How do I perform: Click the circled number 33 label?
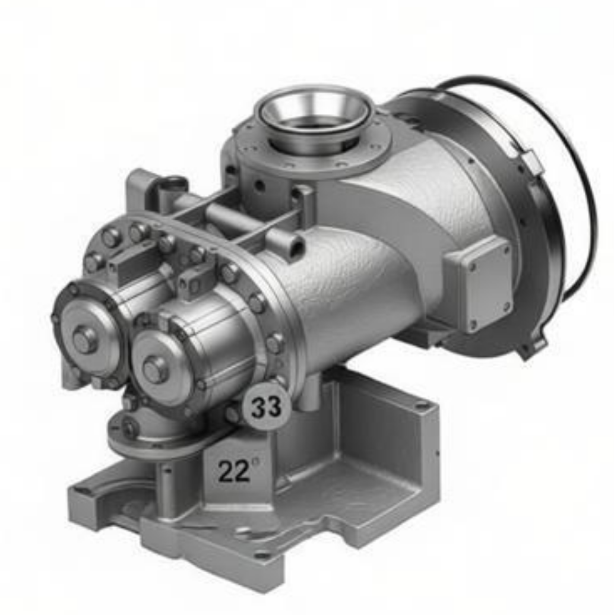tap(267, 406)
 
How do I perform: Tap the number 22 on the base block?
tap(234, 471)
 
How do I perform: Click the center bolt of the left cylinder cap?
tap(85, 340)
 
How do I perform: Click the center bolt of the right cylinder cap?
tap(155, 369)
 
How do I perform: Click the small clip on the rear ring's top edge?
tap(531, 160)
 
